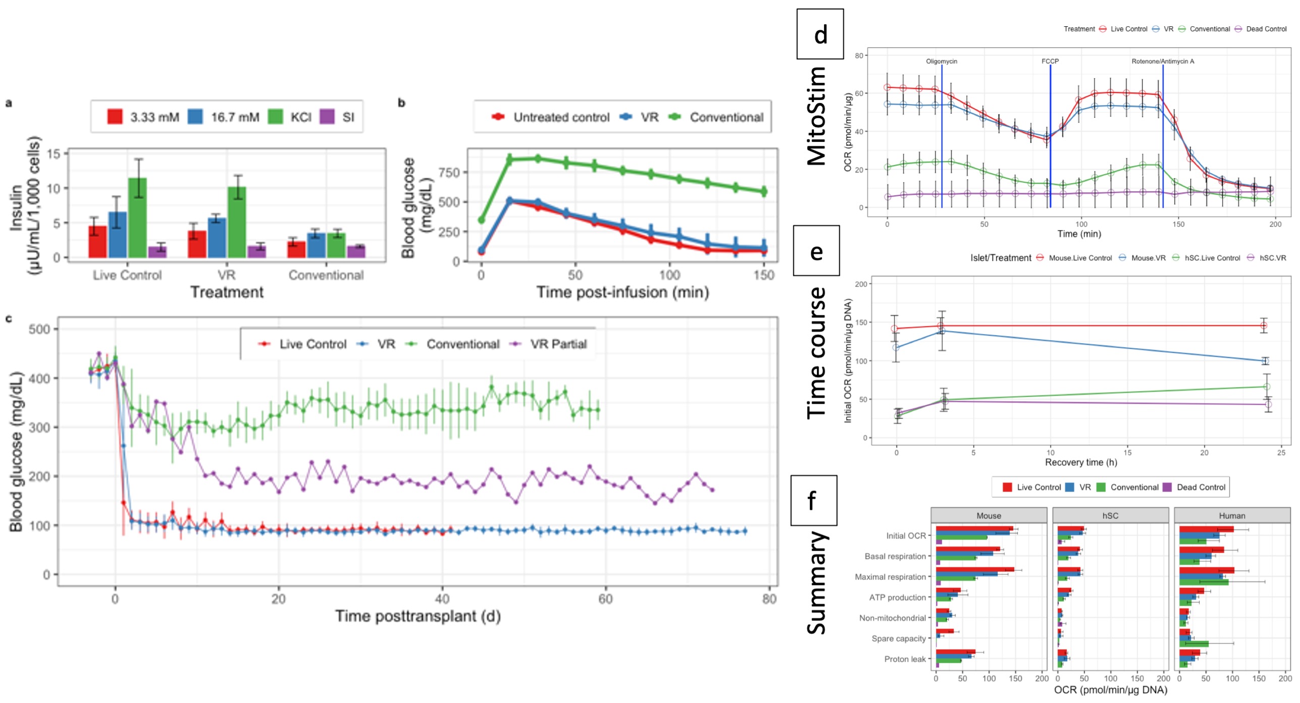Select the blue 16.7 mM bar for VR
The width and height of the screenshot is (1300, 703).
[x=217, y=238]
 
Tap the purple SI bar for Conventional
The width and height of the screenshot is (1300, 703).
[x=356, y=251]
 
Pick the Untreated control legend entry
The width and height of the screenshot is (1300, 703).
[x=560, y=117]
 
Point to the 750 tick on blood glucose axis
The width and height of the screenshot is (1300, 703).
[x=449, y=173]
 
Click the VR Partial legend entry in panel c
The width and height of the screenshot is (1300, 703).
[x=558, y=344]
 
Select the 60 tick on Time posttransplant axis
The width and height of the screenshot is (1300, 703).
[x=605, y=599]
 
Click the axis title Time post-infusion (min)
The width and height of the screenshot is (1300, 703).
[x=622, y=292]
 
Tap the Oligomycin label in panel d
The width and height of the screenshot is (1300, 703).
[x=941, y=61]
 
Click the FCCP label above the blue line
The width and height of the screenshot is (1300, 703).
[x=1050, y=61]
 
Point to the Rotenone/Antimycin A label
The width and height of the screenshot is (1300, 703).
[x=1163, y=61]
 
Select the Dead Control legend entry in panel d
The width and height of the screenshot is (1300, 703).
[x=1266, y=29]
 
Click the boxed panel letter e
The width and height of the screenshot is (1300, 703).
[x=816, y=251]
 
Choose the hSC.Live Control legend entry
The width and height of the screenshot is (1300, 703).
[x=1212, y=258]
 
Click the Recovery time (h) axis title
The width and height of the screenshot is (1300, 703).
[x=1080, y=462]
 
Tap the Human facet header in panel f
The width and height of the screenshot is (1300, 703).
[x=1232, y=516]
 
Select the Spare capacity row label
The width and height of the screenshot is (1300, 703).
[x=899, y=638]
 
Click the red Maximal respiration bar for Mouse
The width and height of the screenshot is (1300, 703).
[x=974, y=570]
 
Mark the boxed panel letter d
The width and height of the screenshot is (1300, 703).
[x=820, y=34]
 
